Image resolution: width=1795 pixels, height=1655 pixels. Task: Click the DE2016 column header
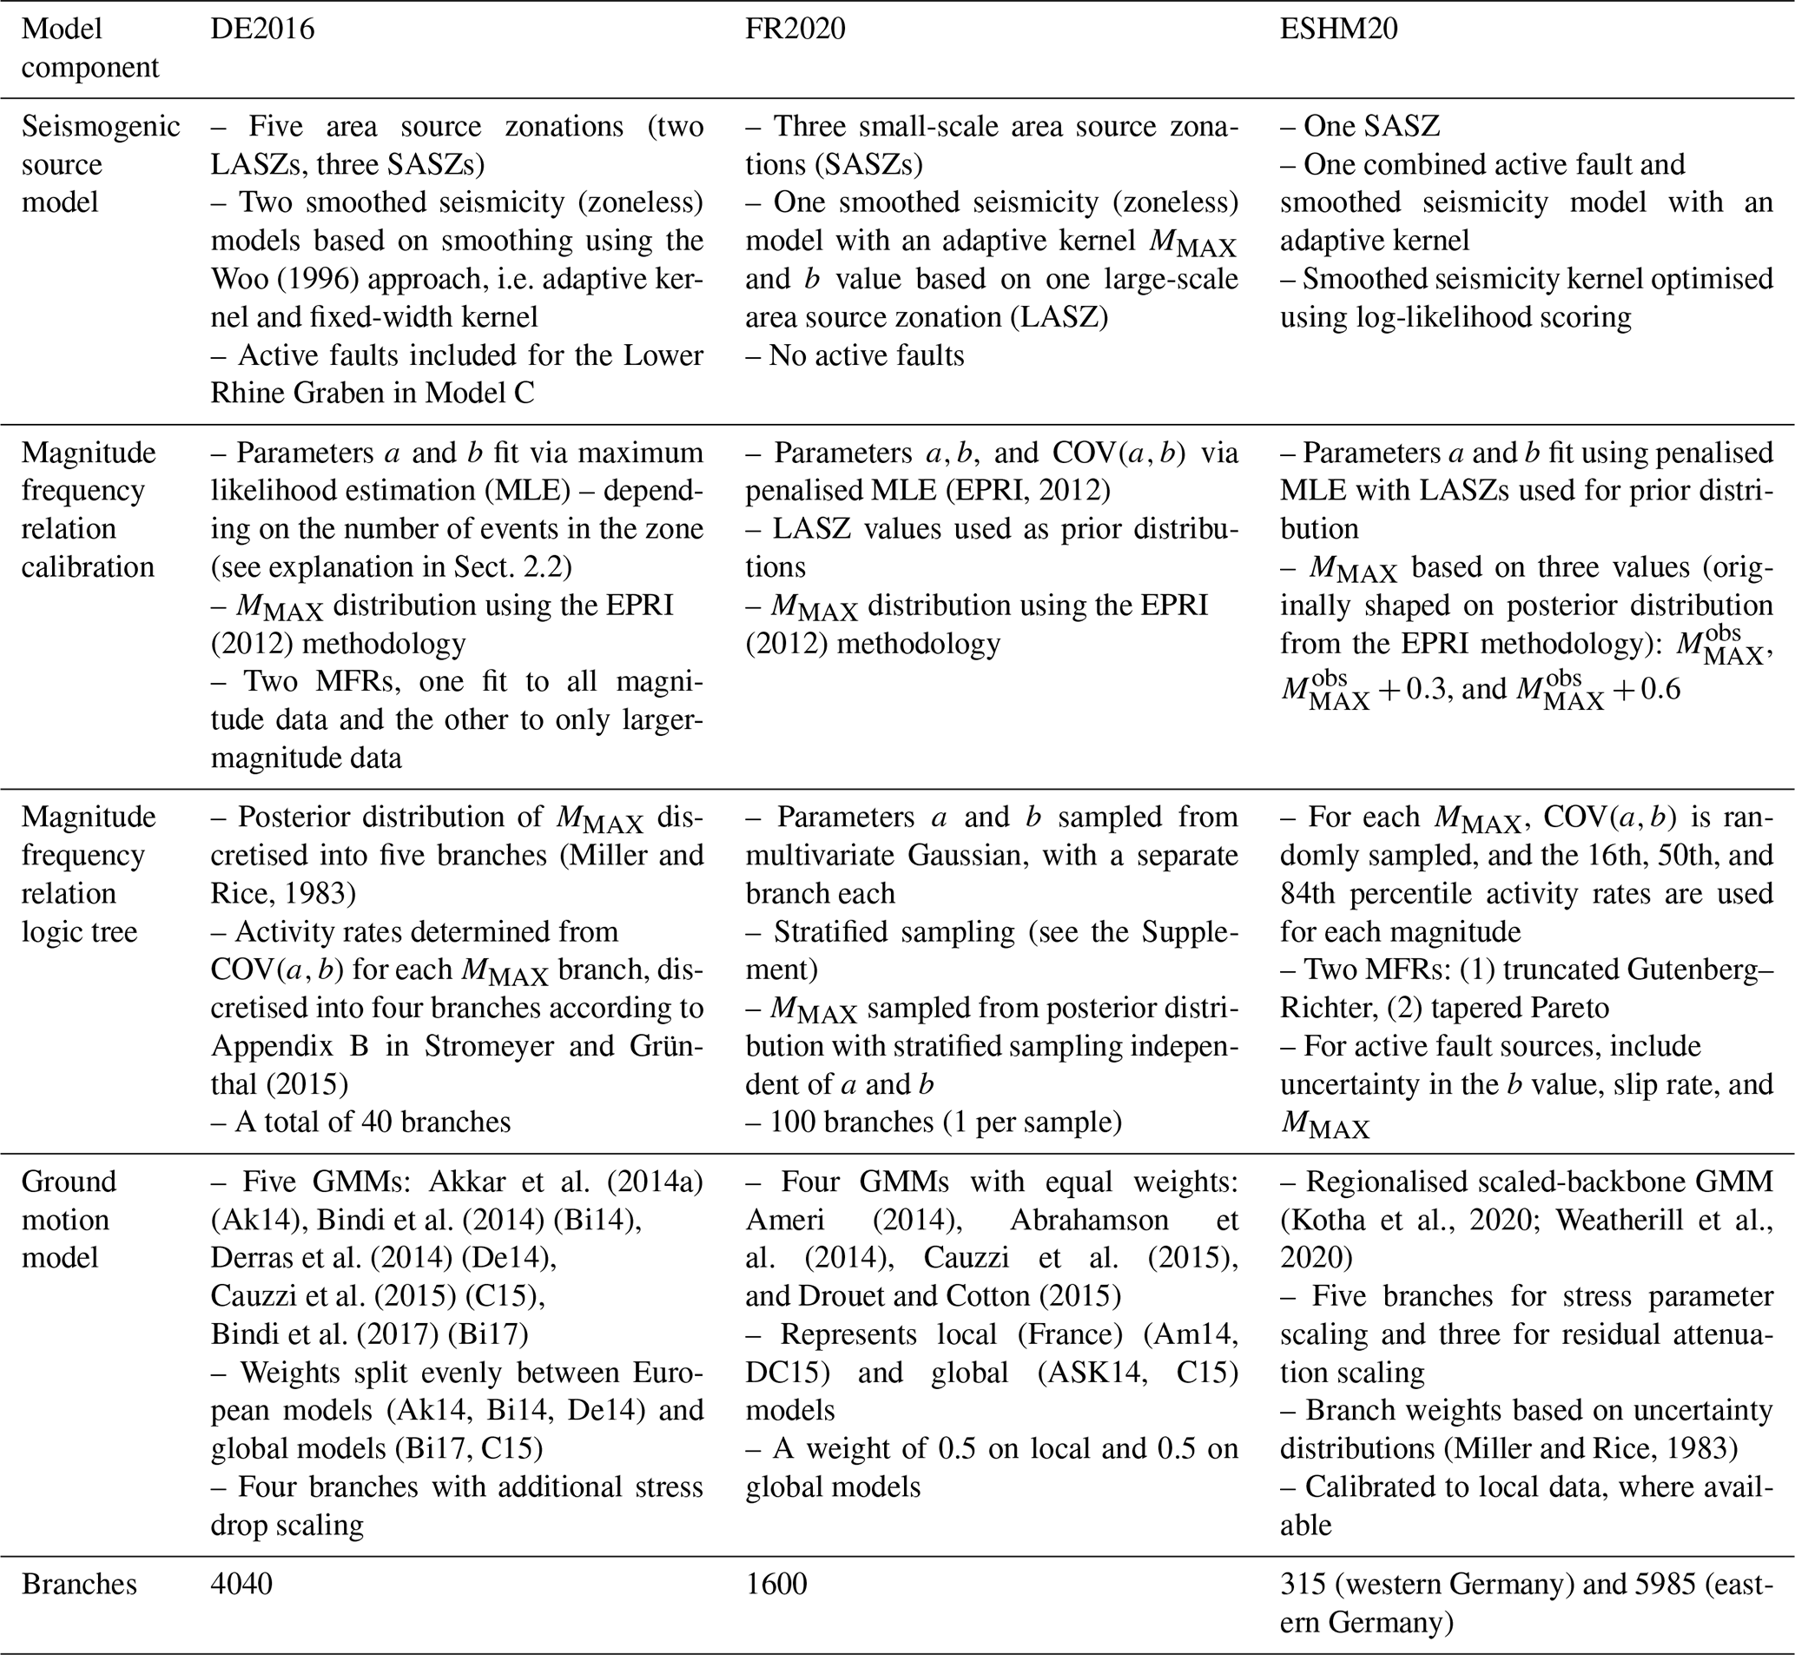click(262, 30)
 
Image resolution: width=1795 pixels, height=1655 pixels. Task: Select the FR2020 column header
click(795, 30)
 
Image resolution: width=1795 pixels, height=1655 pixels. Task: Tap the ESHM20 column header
click(1338, 30)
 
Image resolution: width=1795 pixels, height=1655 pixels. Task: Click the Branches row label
click(79, 1585)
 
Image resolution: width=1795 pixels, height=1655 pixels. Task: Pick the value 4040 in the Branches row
click(241, 1585)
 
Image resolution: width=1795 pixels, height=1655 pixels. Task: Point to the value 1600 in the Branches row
click(776, 1585)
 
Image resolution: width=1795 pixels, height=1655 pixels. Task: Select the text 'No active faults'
click(866, 356)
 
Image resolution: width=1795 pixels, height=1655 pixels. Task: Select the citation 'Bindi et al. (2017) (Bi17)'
click(370, 1334)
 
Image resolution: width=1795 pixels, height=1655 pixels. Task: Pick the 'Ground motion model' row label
click(69, 1220)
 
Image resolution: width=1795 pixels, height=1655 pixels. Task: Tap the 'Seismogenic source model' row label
click(100, 165)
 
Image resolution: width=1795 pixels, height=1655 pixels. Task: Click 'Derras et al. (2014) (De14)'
click(383, 1258)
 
